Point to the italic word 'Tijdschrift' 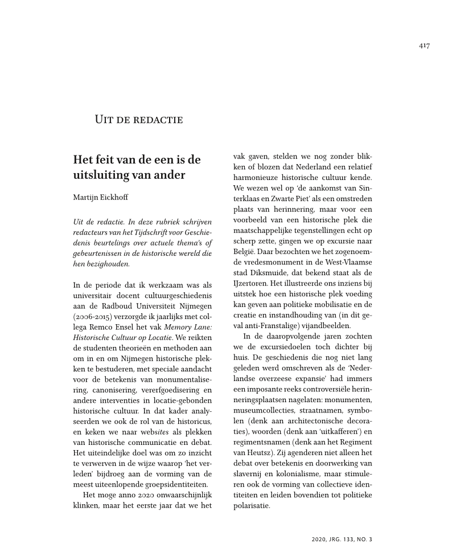pyautogui.click(x=150, y=231)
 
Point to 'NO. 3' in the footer pyautogui.click(x=363, y=538)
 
